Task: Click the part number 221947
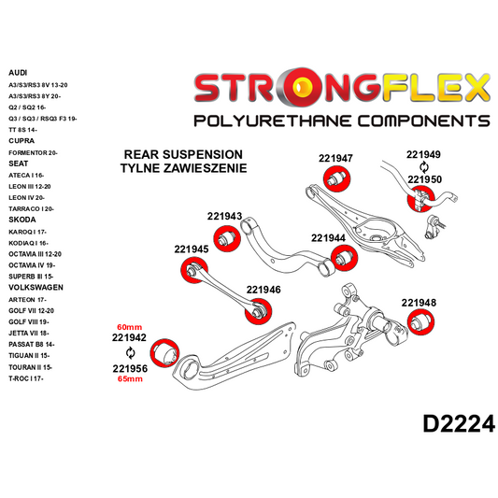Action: (x=335, y=158)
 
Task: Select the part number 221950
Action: (x=423, y=178)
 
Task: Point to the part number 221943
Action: (x=224, y=216)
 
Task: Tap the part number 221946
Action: (x=263, y=289)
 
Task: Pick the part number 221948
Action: (x=419, y=302)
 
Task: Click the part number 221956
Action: (x=129, y=368)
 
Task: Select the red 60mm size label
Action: (x=129, y=325)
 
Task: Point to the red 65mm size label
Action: (x=129, y=380)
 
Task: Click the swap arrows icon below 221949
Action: (x=423, y=167)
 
